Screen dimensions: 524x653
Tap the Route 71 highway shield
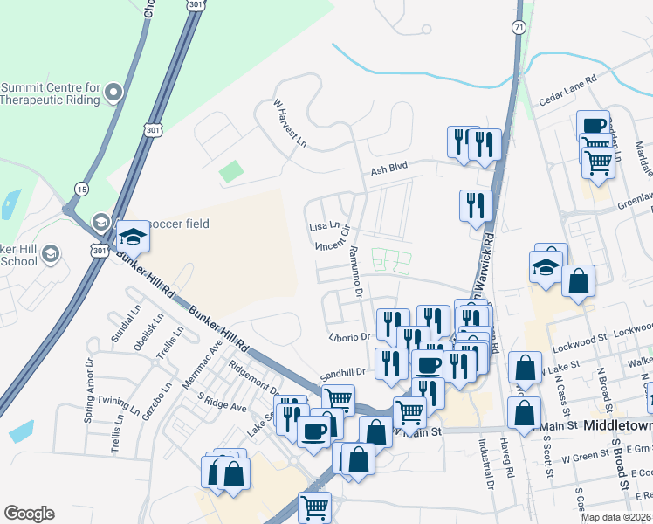tap(520, 29)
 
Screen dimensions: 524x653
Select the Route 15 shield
tap(81, 189)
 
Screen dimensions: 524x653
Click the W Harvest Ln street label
tap(291, 123)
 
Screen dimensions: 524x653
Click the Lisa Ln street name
tap(323, 227)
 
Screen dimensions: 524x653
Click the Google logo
tap(29, 514)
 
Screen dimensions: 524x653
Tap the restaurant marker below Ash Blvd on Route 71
tap(476, 205)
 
